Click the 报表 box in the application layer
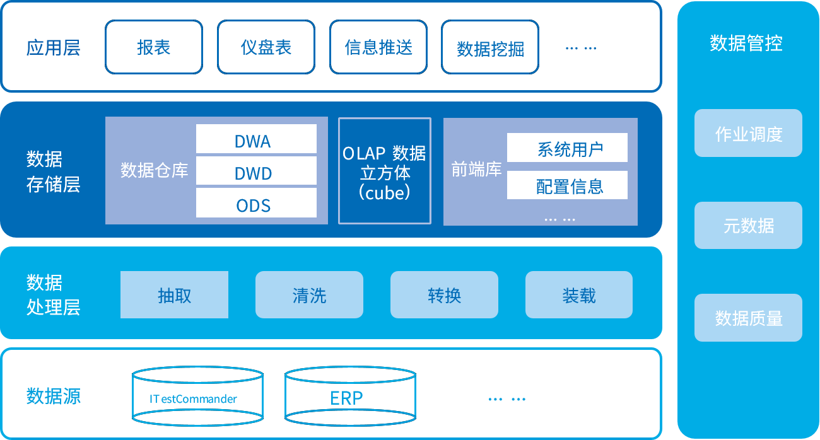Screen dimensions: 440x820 click(x=154, y=47)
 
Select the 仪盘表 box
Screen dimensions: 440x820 click(x=266, y=47)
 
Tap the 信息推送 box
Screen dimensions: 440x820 click(x=378, y=47)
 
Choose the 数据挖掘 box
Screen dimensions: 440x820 click(x=490, y=48)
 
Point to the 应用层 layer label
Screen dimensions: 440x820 click(x=54, y=48)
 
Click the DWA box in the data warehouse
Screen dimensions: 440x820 click(x=256, y=139)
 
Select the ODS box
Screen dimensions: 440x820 click(x=256, y=203)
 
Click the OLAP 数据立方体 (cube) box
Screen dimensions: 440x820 click(x=385, y=171)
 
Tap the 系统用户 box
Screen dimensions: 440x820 click(x=567, y=148)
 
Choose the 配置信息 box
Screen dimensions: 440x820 click(x=567, y=185)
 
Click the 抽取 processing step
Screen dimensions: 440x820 click(x=174, y=294)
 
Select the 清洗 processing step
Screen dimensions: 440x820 click(x=309, y=294)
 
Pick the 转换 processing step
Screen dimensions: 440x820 click(x=444, y=294)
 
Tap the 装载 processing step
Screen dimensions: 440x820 click(x=578, y=294)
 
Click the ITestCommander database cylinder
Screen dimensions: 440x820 click(x=197, y=398)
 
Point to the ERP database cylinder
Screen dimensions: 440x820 click(x=349, y=398)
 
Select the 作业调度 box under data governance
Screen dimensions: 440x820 click(x=748, y=134)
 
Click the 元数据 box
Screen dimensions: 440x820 click(x=748, y=226)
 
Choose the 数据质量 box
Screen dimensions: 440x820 click(x=748, y=318)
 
